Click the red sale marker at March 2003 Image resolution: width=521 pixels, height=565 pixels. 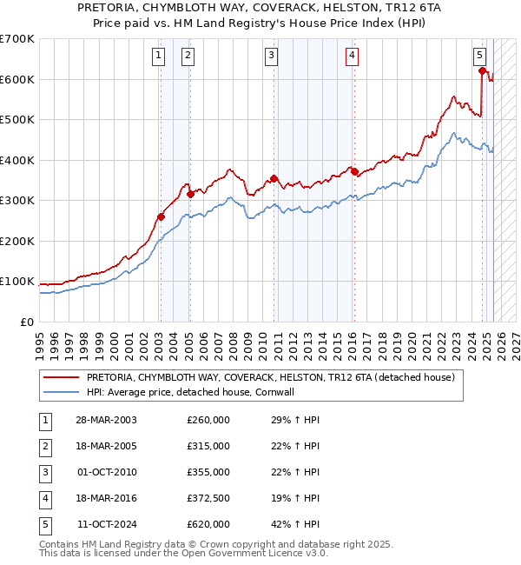click(161, 217)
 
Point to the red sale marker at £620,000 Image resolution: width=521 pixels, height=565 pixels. click(483, 71)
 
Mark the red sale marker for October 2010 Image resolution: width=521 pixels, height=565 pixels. click(274, 179)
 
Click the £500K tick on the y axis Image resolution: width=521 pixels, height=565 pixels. click(17, 119)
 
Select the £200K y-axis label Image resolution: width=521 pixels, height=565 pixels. click(17, 241)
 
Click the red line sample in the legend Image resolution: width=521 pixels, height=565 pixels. click(61, 378)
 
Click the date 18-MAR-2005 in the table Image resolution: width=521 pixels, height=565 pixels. click(105, 446)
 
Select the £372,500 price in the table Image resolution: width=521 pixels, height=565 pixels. click(209, 498)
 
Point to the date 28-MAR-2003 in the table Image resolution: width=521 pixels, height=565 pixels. click(105, 420)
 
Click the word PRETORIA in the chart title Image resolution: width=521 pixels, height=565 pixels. click(134, 7)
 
